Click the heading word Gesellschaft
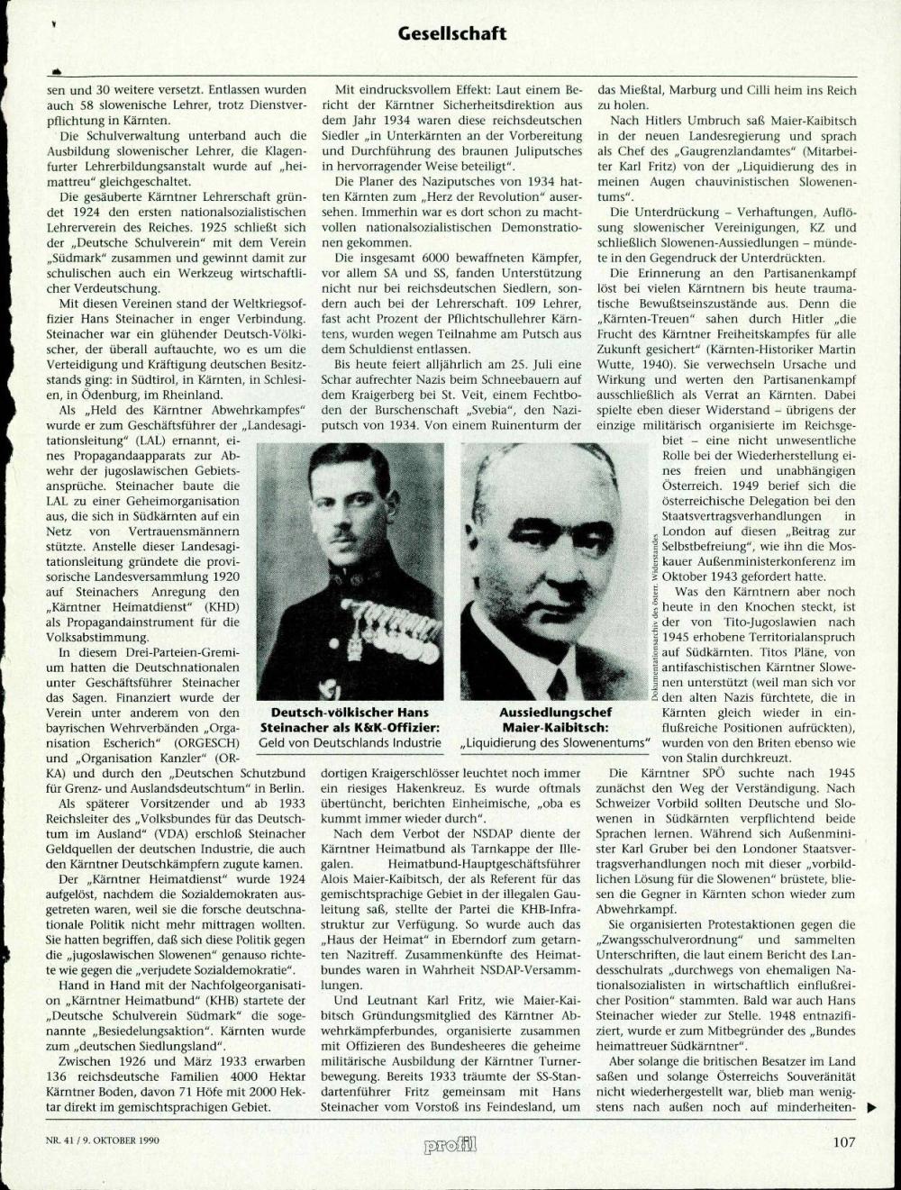tap(451, 34)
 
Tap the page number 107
tap(843, 1141)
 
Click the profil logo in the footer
tap(450, 1143)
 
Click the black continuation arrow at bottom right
tap(870, 1108)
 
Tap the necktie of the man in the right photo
tap(557, 682)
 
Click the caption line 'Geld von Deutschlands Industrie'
tap(350, 743)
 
